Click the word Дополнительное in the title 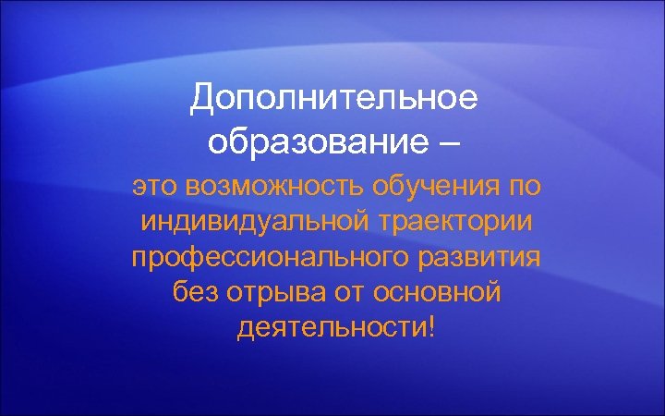tap(334, 98)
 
